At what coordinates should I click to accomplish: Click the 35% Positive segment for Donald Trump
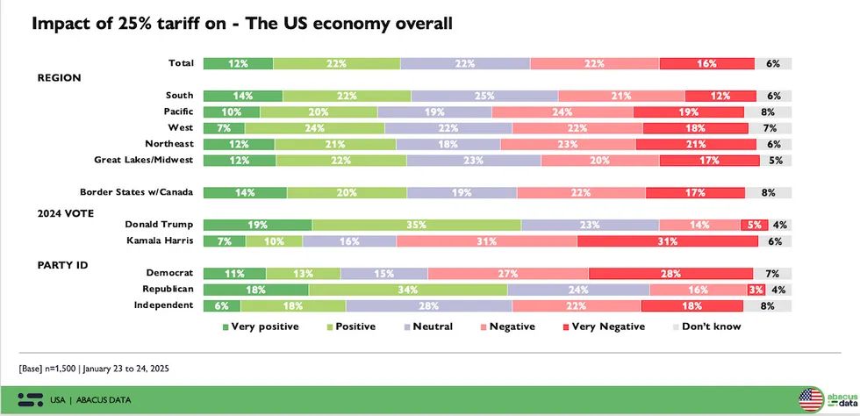coord(416,225)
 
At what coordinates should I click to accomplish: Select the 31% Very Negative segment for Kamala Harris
coord(664,241)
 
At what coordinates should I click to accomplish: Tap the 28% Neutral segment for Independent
coord(428,305)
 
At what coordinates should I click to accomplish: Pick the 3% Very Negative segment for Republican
coord(756,289)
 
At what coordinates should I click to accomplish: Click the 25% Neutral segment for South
coord(484,96)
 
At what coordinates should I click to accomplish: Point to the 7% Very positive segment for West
coord(224,128)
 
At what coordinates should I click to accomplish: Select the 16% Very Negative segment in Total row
coord(706,63)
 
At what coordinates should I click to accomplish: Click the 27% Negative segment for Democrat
coord(508,273)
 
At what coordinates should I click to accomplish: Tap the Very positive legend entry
coord(261,326)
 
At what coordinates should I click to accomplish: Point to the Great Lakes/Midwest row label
coord(143,161)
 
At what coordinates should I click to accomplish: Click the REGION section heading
coord(59,78)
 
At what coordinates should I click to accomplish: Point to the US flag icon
coord(810,399)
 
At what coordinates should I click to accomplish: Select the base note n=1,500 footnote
coord(94,368)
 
